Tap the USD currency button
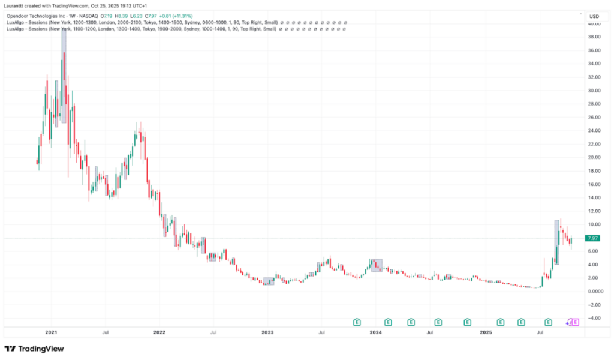[x=594, y=16]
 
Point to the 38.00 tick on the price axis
[x=594, y=37]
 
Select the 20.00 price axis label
[x=594, y=158]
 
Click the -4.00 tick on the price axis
[x=594, y=318]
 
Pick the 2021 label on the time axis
[x=51, y=331]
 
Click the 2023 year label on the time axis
[x=267, y=331]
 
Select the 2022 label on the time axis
[x=159, y=331]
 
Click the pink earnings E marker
[x=575, y=322]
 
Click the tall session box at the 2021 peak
[x=64, y=75]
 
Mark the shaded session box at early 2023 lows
[x=269, y=281]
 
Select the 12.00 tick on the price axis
[x=594, y=211]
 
